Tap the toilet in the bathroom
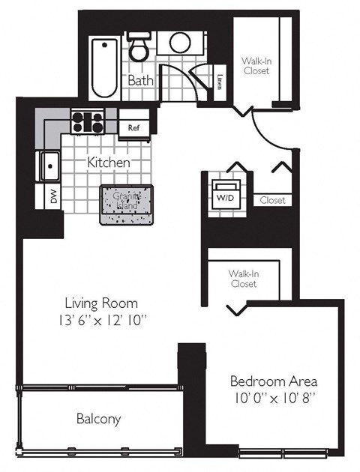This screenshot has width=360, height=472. [x=139, y=48]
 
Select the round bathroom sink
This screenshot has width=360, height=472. [x=180, y=43]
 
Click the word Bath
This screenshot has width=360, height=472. [x=141, y=79]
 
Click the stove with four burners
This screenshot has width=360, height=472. [x=88, y=121]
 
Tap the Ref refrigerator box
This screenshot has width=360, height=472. [x=134, y=128]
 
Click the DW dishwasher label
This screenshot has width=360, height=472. [x=52, y=198]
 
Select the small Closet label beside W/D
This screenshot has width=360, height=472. [x=272, y=200]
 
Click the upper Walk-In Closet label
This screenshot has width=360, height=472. [x=255, y=66]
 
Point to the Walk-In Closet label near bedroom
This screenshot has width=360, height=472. [x=243, y=279]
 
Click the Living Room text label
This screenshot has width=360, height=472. [x=101, y=303]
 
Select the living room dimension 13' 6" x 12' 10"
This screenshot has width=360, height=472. [x=101, y=322]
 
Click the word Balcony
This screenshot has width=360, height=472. [x=98, y=419]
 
